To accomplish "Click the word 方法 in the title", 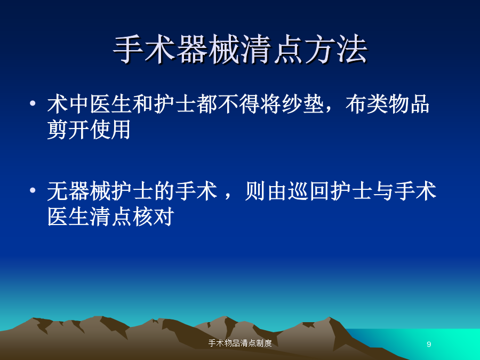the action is tap(336, 49).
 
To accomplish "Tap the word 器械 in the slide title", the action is tap(209, 49).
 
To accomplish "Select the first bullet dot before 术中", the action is tap(33, 103).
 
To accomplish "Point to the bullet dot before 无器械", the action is tap(33, 190).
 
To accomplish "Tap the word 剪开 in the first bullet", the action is tap(68, 130).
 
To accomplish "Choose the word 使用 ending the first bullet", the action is tap(110, 130).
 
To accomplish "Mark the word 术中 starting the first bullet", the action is tap(68, 104).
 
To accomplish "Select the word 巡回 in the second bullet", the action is tap(309, 191).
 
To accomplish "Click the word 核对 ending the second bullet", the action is tap(153, 217).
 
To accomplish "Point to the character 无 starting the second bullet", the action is tap(58, 191).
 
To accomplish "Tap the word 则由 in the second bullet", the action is tap(266, 191).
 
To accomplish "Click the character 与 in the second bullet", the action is tap(383, 191).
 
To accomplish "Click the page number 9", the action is tap(429, 344).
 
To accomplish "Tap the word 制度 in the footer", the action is tap(264, 343).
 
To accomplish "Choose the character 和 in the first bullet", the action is tap(142, 104).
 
